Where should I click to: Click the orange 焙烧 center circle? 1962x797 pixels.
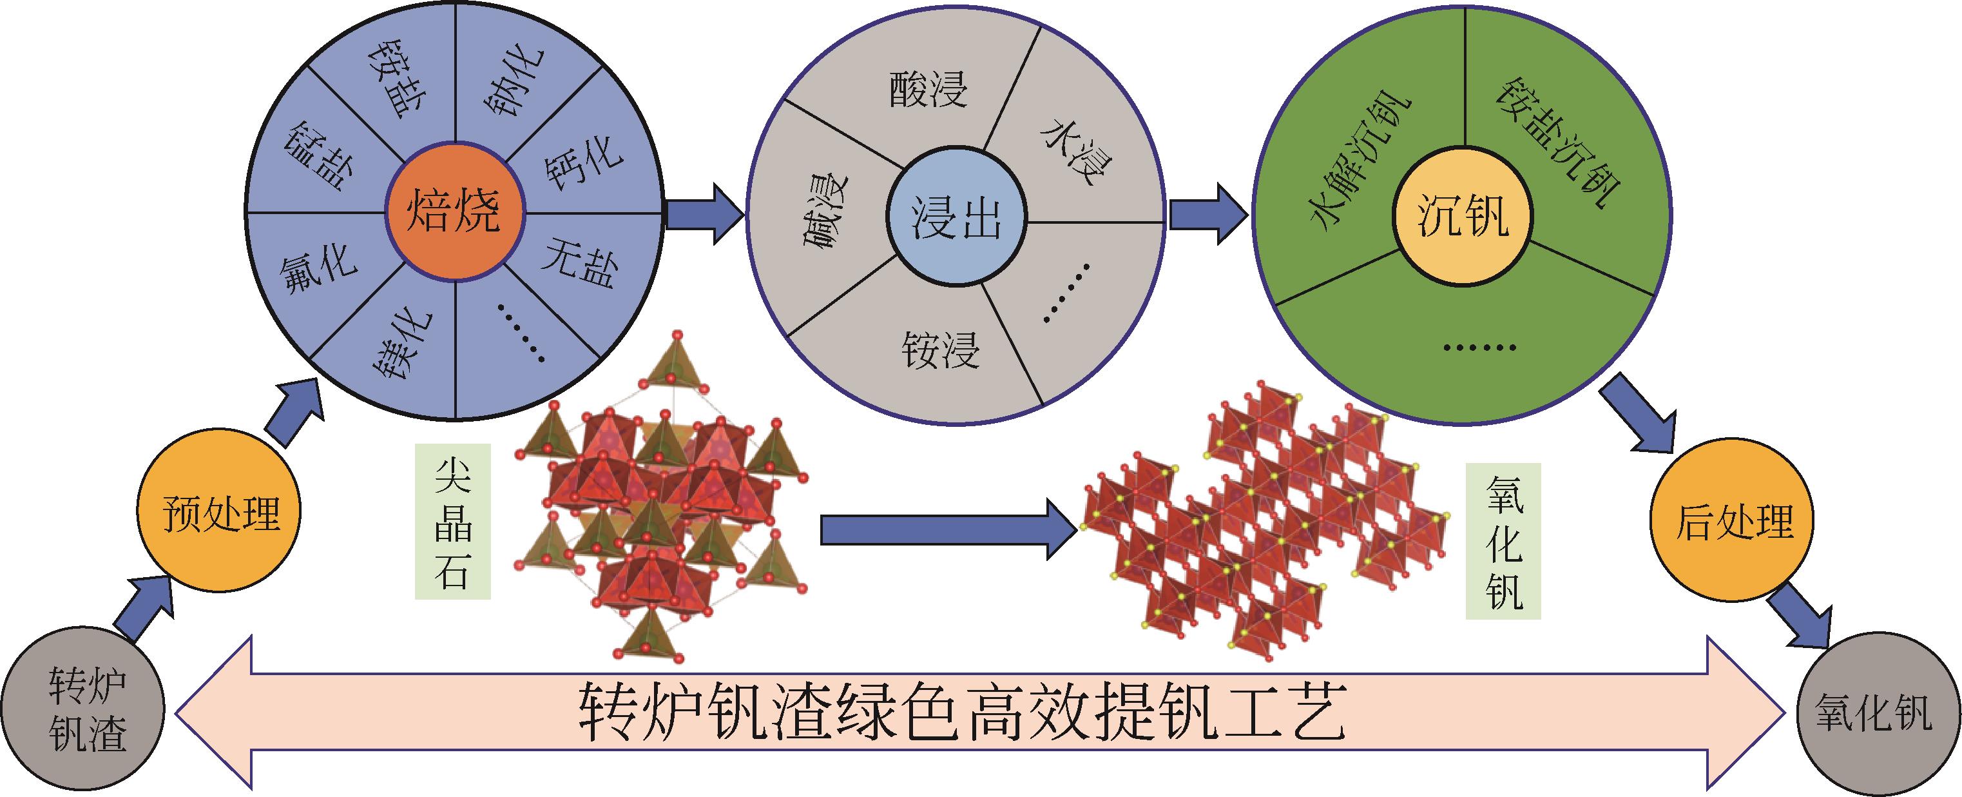pyautogui.click(x=455, y=211)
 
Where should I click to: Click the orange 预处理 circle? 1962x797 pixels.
pyautogui.click(x=219, y=512)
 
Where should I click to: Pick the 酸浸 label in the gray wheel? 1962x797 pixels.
pyautogui.click(x=928, y=90)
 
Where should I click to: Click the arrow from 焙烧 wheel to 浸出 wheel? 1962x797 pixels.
pyautogui.click(x=704, y=214)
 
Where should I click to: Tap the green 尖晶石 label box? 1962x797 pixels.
pyautogui.click(x=452, y=521)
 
